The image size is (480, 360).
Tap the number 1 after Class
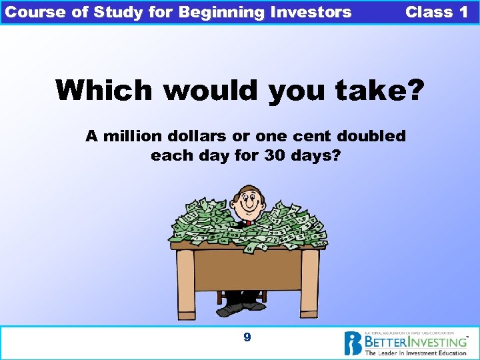pos(464,12)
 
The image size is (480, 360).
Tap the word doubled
pos(372,137)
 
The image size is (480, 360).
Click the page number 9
pos(247,337)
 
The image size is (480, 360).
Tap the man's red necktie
pos(248,221)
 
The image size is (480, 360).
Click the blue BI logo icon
pos(353,343)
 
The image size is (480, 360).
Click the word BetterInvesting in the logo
pos(414,341)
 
